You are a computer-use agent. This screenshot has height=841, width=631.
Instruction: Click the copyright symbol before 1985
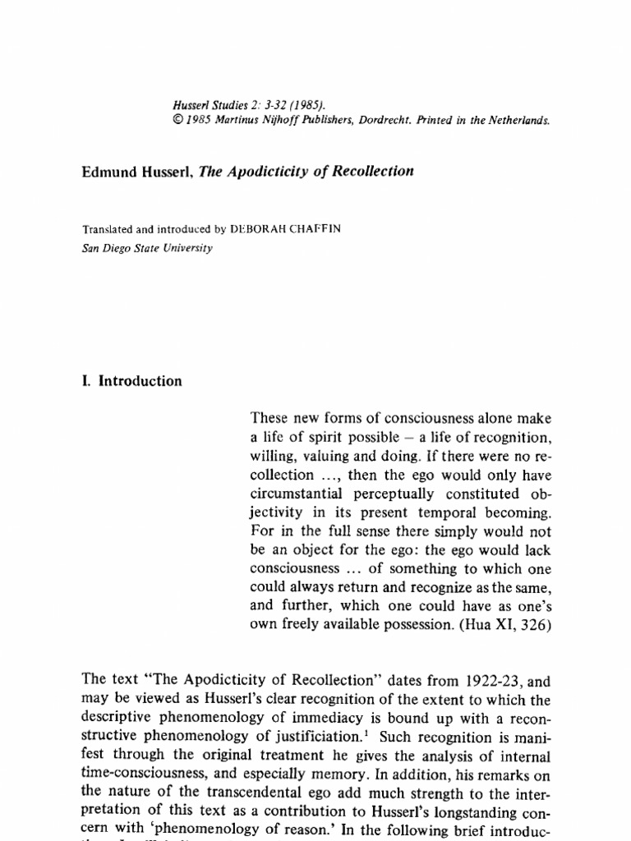click(x=177, y=118)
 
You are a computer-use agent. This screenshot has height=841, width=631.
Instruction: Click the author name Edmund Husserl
click(x=137, y=172)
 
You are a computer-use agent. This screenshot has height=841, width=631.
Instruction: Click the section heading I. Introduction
click(x=131, y=381)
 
